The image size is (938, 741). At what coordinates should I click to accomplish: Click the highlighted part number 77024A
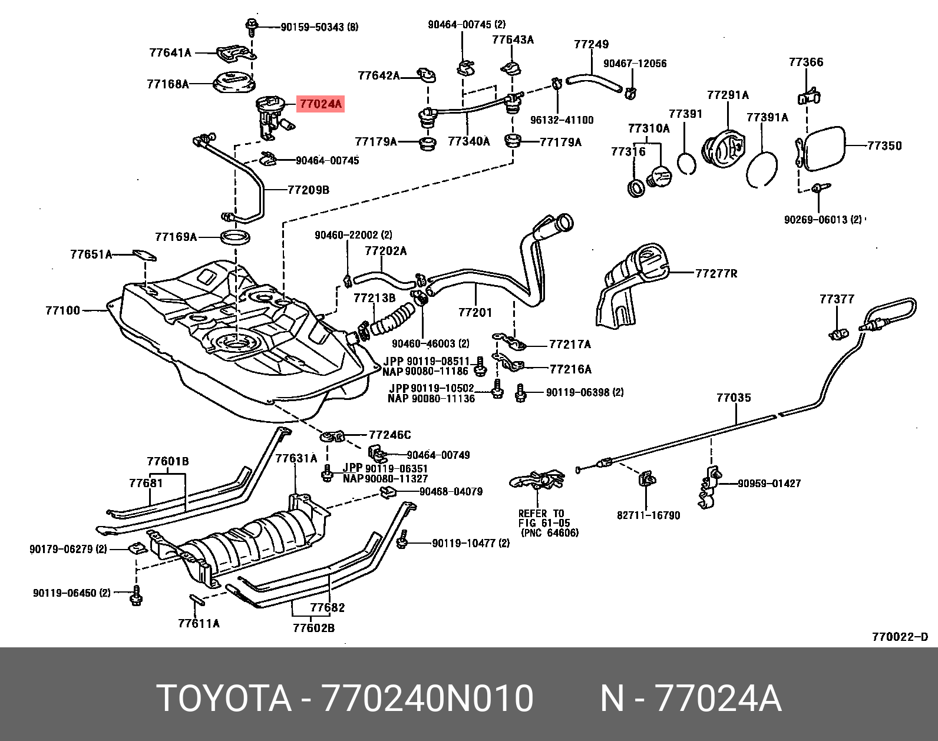pos(320,104)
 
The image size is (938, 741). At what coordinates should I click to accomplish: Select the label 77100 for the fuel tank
pos(62,310)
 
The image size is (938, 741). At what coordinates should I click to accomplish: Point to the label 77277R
pos(716,273)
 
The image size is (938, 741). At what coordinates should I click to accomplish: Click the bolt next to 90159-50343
pos(252,25)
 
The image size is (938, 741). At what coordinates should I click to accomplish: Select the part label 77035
pos(734,398)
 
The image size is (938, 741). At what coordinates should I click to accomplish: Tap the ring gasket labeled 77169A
pos(235,237)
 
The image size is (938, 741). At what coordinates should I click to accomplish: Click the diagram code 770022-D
pos(900,637)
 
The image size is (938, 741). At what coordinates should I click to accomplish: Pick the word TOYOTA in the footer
pos(224,699)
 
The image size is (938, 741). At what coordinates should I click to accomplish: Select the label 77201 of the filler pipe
pos(475,312)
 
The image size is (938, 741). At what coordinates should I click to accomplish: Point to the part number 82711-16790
pos(648,515)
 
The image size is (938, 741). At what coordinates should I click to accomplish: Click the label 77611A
pos(199,623)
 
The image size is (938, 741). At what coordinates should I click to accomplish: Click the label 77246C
pos(389,435)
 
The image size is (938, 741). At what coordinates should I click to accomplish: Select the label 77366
pos(806,62)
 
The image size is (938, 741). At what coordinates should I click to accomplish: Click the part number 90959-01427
pos(769,484)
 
